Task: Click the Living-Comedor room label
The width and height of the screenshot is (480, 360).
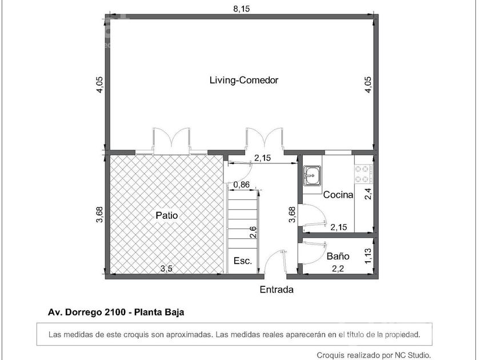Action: coord(243,80)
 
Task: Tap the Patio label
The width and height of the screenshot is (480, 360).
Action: coord(166,215)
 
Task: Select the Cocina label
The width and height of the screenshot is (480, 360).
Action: coord(338,195)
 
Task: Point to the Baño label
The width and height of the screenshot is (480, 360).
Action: coord(338,256)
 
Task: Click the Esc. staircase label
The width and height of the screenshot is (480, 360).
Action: coord(243,261)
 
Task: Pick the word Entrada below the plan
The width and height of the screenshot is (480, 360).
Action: coord(277,290)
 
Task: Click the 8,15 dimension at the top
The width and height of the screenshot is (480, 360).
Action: coord(242,9)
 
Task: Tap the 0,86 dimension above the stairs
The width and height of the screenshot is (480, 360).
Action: coord(241,185)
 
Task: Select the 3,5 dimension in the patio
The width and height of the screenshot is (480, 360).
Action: coord(166,269)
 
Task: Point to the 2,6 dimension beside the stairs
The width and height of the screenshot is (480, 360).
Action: coord(253,232)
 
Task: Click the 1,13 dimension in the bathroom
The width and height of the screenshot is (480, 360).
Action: coord(368,255)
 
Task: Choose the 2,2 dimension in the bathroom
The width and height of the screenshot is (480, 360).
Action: coord(338,269)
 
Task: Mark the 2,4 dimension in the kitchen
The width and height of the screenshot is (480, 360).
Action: coord(368,194)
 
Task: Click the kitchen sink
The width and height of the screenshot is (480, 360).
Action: coord(312,176)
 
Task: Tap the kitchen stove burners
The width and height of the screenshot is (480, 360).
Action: coord(363,174)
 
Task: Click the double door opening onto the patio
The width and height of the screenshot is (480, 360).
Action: coord(171,139)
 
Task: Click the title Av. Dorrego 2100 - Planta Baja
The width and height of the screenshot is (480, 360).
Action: coord(116,312)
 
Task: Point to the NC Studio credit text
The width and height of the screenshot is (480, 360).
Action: coord(374,355)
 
